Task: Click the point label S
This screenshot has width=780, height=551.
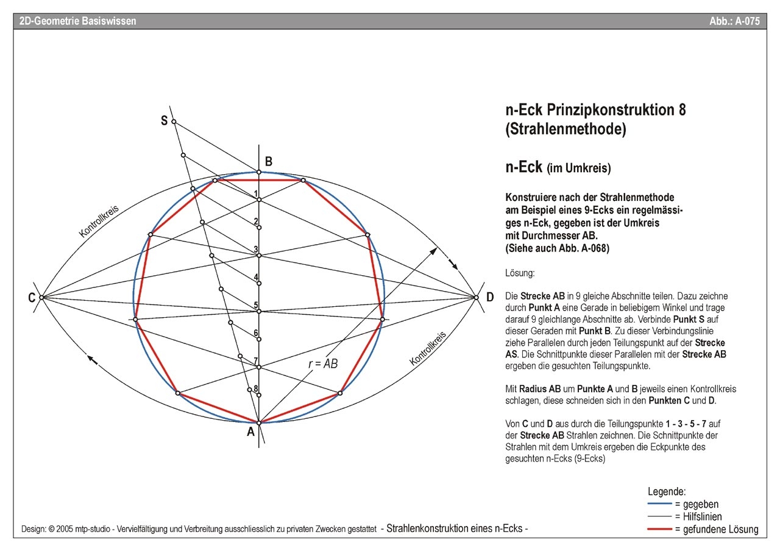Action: click(164, 121)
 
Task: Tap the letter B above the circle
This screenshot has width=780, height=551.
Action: click(268, 161)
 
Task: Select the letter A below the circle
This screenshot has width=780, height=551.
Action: click(250, 432)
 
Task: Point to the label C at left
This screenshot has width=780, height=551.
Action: click(31, 298)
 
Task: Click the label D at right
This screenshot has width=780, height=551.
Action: click(490, 298)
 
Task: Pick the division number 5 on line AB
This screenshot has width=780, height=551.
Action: click(256, 305)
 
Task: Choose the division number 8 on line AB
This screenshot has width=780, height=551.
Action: click(256, 388)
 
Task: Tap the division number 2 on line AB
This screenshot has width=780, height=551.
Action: click(256, 222)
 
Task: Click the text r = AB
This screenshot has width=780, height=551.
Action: click(323, 363)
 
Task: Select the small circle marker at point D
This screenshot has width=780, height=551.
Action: click(476, 297)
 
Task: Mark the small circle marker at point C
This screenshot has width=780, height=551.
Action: click(41, 297)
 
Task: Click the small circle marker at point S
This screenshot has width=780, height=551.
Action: click(174, 122)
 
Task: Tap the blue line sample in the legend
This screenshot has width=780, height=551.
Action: click(659, 505)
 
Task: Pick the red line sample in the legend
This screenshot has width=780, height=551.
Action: click(659, 529)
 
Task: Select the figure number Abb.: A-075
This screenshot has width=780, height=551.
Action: click(734, 21)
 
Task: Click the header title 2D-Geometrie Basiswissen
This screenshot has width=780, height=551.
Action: click(78, 21)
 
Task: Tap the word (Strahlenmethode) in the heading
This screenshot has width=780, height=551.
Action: click(565, 129)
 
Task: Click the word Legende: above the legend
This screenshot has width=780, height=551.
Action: click(667, 491)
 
